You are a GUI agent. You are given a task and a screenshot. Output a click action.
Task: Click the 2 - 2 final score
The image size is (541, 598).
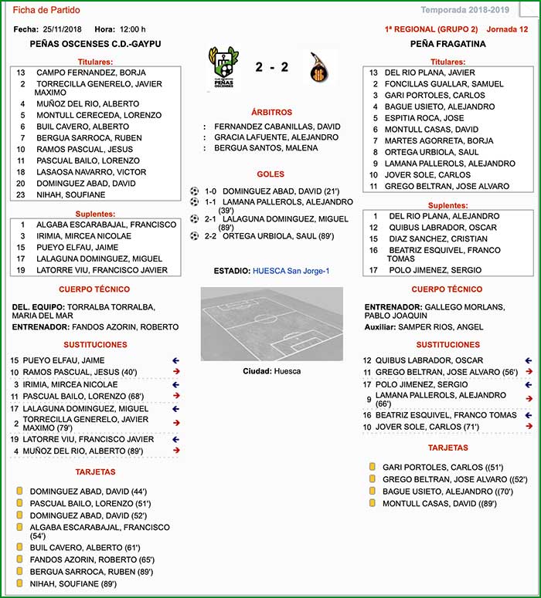[271, 67]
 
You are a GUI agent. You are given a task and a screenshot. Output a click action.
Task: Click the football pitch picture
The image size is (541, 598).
[271, 323]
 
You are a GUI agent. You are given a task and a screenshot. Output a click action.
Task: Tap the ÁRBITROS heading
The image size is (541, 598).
[271, 113]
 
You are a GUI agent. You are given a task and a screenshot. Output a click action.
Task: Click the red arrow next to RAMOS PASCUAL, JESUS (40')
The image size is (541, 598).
[178, 372]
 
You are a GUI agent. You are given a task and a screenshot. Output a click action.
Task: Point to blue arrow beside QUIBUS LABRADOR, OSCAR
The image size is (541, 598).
[528, 360]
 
